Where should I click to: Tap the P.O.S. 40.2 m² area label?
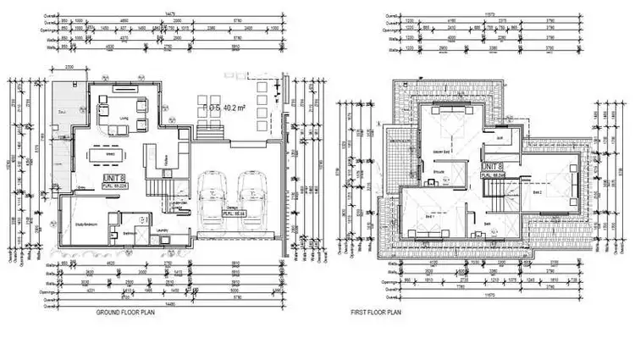pyautogui.click(x=222, y=108)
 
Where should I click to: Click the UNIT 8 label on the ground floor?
pyautogui.click(x=113, y=179)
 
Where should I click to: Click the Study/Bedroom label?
pyautogui.click(x=91, y=224)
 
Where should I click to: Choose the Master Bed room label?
pyautogui.click(x=441, y=152)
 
